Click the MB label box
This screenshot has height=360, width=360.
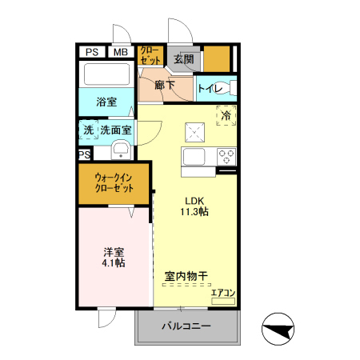tap(120, 52)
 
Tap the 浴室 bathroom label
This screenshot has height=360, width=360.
tap(107, 102)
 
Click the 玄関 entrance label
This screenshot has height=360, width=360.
tap(183, 58)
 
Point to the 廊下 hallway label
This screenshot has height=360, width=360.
tap(166, 85)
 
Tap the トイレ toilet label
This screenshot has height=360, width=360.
tap(210, 89)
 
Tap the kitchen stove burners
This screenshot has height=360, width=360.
tap(225, 156)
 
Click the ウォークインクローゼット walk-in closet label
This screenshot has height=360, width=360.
tap(113, 183)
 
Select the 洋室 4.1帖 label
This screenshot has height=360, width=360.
tap(113, 256)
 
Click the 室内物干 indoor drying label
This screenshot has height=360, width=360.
tap(186, 276)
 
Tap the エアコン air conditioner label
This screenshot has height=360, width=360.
tap(222, 294)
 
